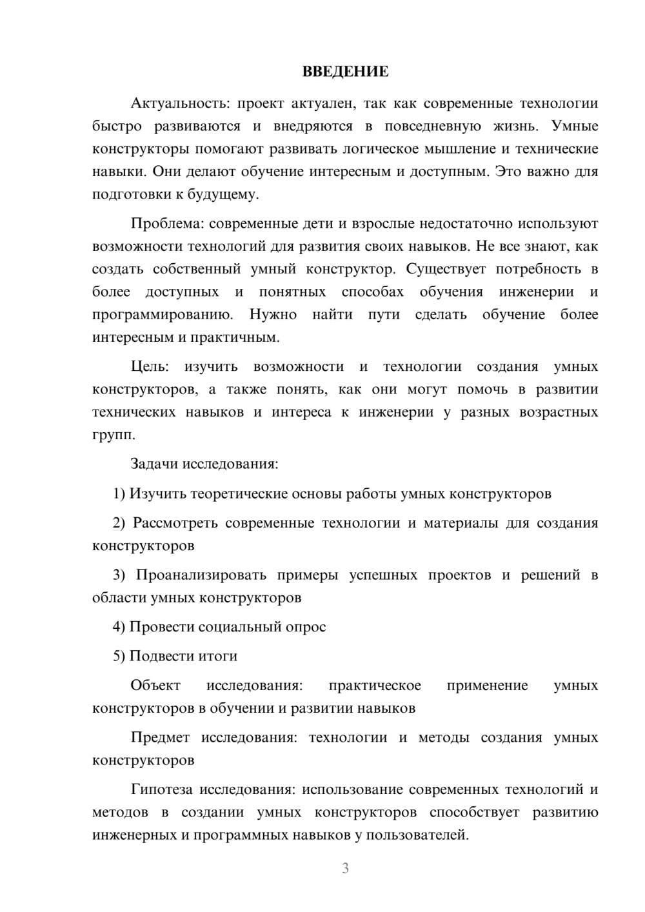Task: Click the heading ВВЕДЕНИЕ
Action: point(345,72)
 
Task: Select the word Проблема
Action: point(166,223)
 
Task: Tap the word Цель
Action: point(150,366)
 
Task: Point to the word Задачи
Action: point(155,464)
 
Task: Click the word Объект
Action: point(155,685)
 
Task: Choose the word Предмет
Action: point(160,737)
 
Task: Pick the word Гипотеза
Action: point(163,789)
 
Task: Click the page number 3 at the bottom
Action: point(345,868)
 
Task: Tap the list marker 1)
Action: point(119,493)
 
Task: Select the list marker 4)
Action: point(119,627)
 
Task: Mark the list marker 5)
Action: point(119,656)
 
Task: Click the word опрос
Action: point(305,627)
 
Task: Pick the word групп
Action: point(114,435)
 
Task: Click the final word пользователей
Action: point(420,835)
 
